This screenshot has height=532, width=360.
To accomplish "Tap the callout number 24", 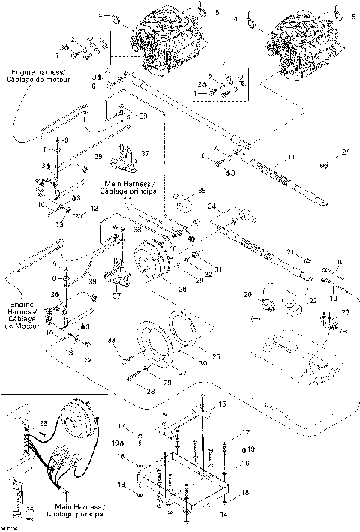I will [346, 153].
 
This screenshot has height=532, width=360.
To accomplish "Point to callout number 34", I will [212, 206].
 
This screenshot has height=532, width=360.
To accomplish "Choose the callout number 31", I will [219, 270].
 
